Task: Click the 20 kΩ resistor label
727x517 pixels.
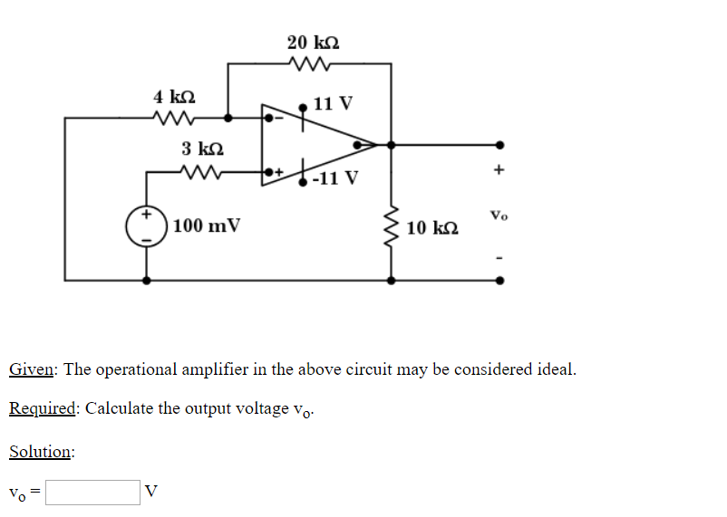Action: pos(313,43)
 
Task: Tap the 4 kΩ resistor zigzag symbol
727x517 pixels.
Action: pos(172,118)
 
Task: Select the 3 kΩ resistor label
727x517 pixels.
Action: pos(201,148)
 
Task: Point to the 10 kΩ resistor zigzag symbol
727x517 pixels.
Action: pos(392,225)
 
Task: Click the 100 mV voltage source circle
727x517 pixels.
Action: pos(146,226)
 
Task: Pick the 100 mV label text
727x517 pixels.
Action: pos(206,225)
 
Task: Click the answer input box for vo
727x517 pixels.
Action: pos(92,492)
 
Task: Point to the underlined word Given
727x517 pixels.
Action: pos(33,370)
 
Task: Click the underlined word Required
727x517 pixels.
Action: pos(43,408)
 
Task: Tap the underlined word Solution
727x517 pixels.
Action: pos(41,451)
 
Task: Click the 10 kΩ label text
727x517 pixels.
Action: pos(432,227)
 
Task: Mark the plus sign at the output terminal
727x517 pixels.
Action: pos(499,169)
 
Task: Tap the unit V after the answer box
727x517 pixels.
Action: pos(151,492)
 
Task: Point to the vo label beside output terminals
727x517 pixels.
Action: pos(499,215)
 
